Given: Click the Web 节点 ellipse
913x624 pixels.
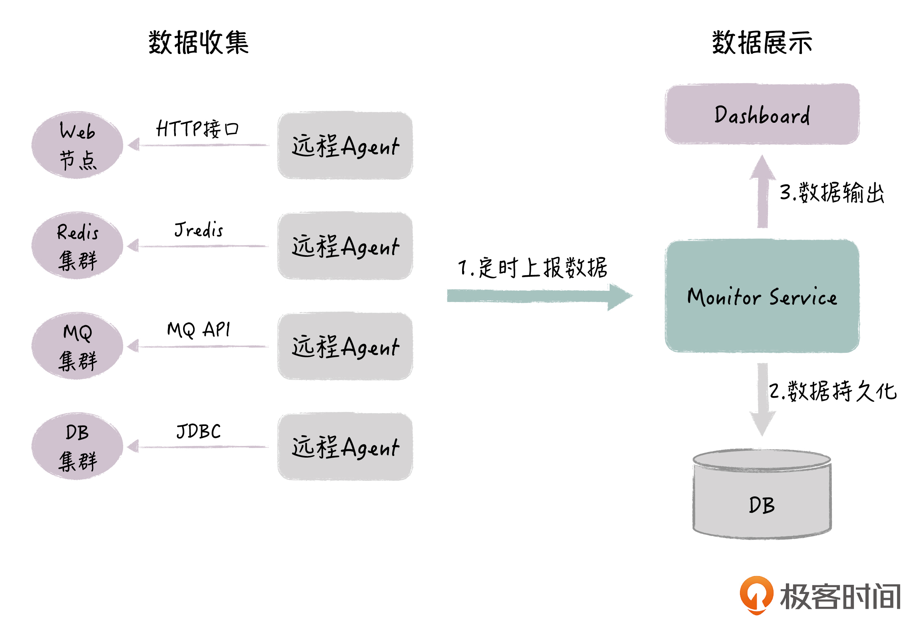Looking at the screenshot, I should pos(78,145).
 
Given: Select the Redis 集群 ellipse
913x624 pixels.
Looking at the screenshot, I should pos(78,246).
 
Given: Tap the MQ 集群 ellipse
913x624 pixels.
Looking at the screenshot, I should pos(78,346).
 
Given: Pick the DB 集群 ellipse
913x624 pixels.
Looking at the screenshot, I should pos(78,446).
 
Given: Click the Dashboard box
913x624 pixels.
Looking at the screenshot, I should pos(762,114).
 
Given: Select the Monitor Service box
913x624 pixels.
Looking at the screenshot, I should pos(762,296).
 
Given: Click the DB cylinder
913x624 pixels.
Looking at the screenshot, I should pos(762,496).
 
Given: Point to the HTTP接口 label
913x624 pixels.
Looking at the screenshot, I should pos(197,129).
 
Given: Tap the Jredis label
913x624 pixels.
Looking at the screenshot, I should pos(199,230).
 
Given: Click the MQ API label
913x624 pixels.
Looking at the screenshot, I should pos(199,330).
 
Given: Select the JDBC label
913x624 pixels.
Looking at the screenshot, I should pos(199,431).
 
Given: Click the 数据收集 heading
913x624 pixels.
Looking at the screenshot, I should pos(199,42).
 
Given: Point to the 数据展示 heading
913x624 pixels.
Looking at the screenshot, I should pos(762,42).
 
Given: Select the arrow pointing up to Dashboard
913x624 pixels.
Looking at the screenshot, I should pos(762,192).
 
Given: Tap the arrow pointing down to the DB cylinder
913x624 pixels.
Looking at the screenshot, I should pos(762,400).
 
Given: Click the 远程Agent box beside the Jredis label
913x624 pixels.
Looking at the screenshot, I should pos(345,246).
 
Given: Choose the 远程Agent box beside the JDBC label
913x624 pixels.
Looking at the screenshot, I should pos(345,447).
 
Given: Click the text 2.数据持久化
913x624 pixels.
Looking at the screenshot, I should pos(833,391).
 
